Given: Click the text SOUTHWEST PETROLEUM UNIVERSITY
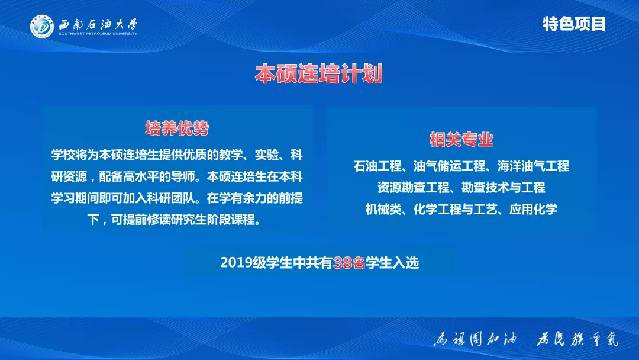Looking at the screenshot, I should coord(98,34).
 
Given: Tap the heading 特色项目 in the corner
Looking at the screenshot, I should coord(574,24).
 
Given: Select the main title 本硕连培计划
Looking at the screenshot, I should coord(319,75).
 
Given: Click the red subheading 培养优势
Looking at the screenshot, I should coord(177,128).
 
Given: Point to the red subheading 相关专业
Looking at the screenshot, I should coord(461,140).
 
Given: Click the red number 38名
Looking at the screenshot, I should coord(349,262).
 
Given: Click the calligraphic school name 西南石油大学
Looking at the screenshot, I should coord(98,24).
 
